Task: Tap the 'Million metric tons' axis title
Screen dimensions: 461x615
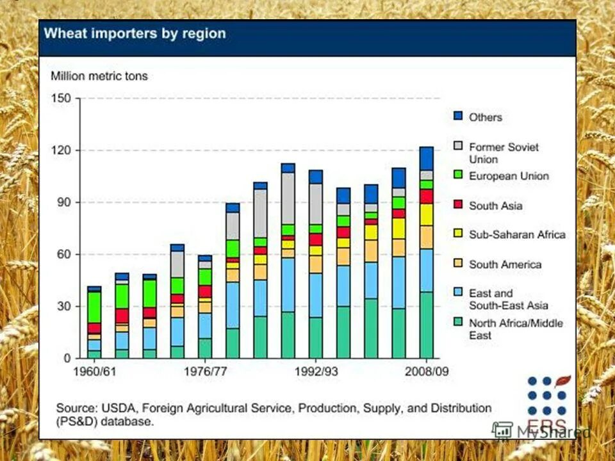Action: point(99,76)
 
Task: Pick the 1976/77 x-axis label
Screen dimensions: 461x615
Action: point(205,371)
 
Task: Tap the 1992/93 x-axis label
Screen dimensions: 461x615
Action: point(315,371)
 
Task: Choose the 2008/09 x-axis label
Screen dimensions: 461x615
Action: point(426,371)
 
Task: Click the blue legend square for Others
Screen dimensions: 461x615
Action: point(458,117)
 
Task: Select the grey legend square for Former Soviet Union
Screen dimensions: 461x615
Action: point(458,146)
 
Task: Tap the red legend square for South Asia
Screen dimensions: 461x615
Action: point(458,206)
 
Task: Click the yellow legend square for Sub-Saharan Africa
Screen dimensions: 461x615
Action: point(458,234)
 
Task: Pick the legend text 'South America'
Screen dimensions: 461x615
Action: point(505,264)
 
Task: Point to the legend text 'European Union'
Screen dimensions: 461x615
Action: point(509,176)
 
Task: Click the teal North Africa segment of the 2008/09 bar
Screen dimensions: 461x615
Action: point(426,325)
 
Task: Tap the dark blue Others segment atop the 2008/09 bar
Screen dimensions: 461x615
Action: point(426,158)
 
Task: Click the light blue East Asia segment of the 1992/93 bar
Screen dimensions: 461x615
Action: point(315,295)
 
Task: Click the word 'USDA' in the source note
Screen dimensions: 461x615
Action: point(116,408)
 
